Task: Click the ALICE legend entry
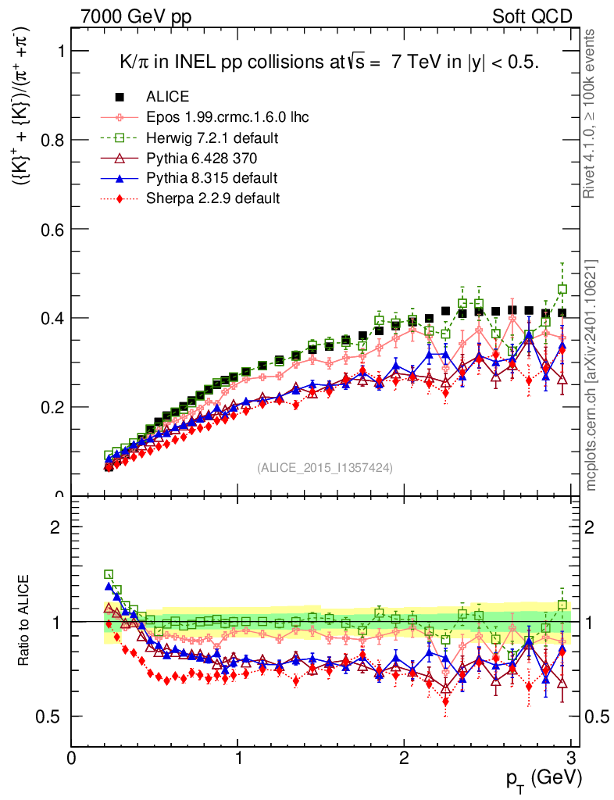[x=166, y=97]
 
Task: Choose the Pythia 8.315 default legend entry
[x=212, y=177]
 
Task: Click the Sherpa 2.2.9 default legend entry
[x=212, y=198]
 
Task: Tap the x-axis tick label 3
[x=571, y=759]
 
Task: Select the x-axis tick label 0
[x=72, y=759]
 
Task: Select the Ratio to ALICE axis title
[x=24, y=621]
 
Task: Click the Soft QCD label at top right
[x=532, y=16]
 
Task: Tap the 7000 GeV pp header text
[x=136, y=16]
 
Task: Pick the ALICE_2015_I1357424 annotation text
[x=325, y=467]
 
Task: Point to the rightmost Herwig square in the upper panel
[x=562, y=289]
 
